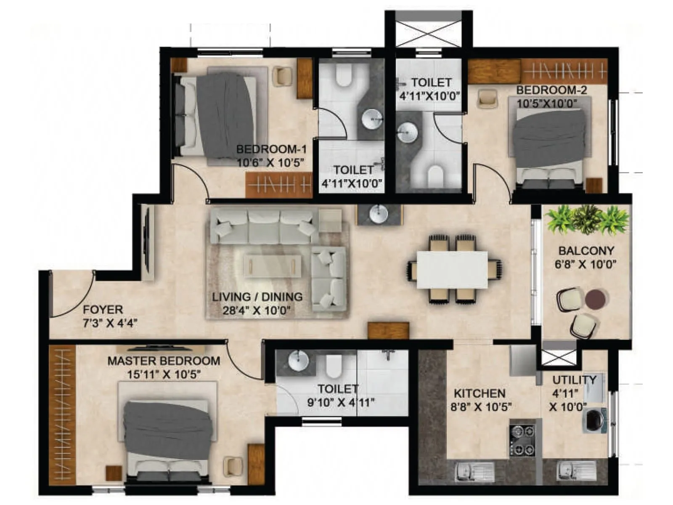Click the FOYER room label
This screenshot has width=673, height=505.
coord(103,310)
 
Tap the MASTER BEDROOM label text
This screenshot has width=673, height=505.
coord(164,361)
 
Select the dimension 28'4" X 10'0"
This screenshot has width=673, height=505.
coord(257,311)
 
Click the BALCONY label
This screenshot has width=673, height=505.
coord(586,251)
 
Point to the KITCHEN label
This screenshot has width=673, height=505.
coord(480,393)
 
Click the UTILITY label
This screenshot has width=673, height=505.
coord(574,380)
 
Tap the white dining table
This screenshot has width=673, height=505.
coord(452,270)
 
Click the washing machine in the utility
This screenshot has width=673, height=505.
coord(594,420)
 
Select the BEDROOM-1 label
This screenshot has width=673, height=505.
coord(271,149)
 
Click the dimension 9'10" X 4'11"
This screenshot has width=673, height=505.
coord(341,402)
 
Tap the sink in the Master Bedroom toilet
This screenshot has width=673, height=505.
coord(299,361)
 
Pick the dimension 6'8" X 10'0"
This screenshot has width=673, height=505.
coord(586,264)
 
